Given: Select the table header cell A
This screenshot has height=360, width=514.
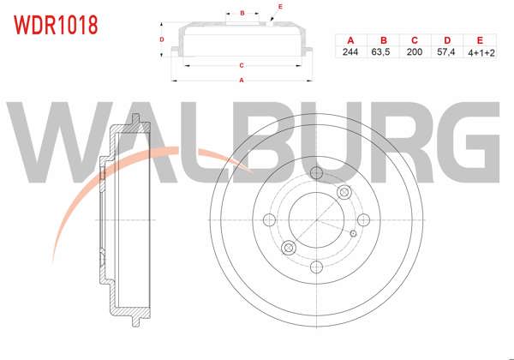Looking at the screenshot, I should pos(350,40).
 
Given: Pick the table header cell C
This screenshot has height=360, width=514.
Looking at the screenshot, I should pos(415,40).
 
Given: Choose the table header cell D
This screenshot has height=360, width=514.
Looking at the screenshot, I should pos(447,40).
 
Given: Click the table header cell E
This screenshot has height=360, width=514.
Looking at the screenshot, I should pos(480,40).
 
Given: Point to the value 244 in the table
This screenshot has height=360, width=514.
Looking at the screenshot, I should pos(350,52).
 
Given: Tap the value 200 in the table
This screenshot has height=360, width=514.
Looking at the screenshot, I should pos(415,52).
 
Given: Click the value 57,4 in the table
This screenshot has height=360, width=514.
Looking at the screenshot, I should pos(447,52).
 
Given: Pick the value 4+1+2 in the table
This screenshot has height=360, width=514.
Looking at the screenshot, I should pos(480,52).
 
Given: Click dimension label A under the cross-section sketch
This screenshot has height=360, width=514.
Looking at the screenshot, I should pos(242,81).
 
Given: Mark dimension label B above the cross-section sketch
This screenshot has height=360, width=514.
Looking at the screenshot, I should pos(243,13).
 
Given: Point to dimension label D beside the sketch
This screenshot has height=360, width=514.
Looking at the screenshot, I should pos(162,39).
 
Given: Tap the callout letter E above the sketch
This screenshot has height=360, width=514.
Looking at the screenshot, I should pos(280,7).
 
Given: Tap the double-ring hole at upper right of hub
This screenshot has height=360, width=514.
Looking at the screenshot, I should pos(344,190).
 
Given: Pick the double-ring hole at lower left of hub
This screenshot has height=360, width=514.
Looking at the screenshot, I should pos(289,248).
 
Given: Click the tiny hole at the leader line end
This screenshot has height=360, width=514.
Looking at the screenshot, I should pos(353,232).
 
